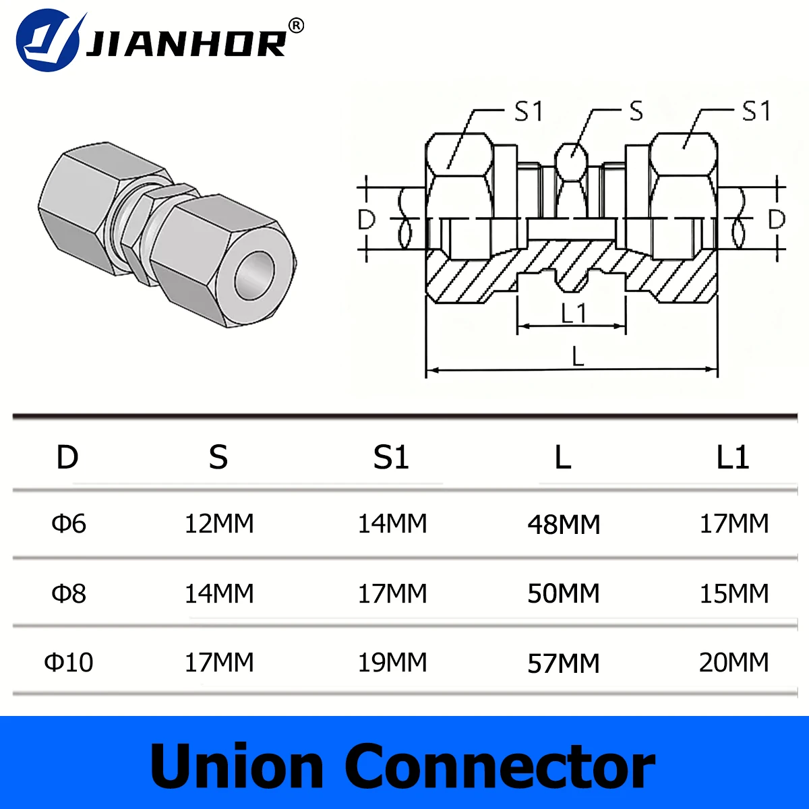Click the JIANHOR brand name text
(185, 44)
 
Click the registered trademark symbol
(296, 26)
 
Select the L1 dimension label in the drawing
(573, 313)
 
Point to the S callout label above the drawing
(636, 112)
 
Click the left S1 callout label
(529, 112)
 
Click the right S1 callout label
(756, 111)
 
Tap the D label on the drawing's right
(777, 219)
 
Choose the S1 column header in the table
(391, 457)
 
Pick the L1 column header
(733, 457)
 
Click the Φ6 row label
(69, 523)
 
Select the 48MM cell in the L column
(564, 525)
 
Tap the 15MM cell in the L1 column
(733, 593)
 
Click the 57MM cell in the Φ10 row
(564, 663)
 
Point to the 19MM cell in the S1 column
(392, 662)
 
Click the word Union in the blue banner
(237, 767)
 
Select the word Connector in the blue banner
(500, 767)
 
